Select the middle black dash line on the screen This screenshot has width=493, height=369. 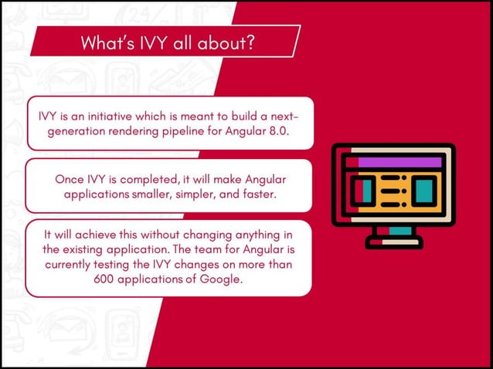(x=393, y=189)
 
